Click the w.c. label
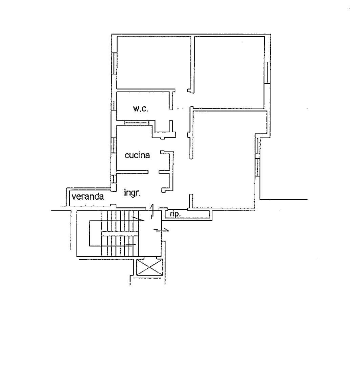click(141, 109)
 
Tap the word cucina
click(137, 155)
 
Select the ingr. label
click(132, 193)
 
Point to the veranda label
click(88, 196)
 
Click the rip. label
click(175, 214)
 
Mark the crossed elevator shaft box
click(149, 267)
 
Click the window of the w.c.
click(114, 105)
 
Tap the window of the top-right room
click(267, 73)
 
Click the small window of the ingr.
click(114, 179)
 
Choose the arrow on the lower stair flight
click(131, 244)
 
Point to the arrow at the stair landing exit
click(161, 230)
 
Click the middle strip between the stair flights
click(120, 234)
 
